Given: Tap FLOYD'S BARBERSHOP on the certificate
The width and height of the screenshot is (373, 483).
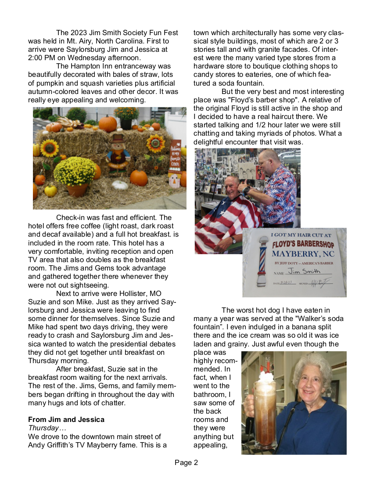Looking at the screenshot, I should pos(303,244).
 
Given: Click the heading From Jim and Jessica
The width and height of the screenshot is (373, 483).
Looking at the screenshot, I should pos(66,419).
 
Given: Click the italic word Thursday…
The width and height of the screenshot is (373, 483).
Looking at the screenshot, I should pos(43,428).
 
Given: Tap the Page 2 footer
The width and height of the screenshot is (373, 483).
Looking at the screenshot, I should pos(186,462).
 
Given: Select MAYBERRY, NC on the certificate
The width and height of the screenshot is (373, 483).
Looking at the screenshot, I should pos(302,254).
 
